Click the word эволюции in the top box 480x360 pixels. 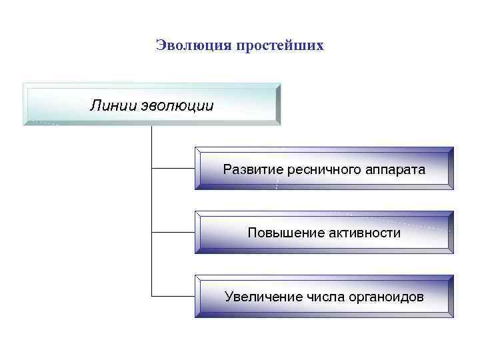pyautogui.click(x=177, y=106)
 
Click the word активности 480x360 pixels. pyautogui.click(x=363, y=233)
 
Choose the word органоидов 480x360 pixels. pyautogui.click(x=385, y=296)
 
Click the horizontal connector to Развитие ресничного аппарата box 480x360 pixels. pyautogui.click(x=173, y=169)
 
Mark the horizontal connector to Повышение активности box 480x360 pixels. pyautogui.click(x=173, y=232)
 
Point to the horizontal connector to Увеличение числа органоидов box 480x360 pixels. pyautogui.click(x=173, y=295)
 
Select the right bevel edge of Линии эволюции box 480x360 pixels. pyautogui.click(x=279, y=105)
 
